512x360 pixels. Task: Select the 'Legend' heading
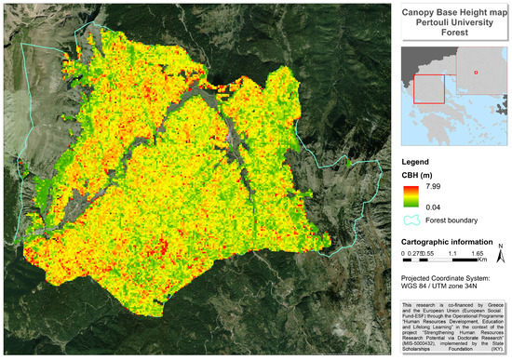(417, 161)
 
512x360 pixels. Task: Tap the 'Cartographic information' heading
(449, 240)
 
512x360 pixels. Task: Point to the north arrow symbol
(499, 256)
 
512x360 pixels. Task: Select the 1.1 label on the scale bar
(451, 252)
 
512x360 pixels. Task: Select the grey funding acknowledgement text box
(453, 327)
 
